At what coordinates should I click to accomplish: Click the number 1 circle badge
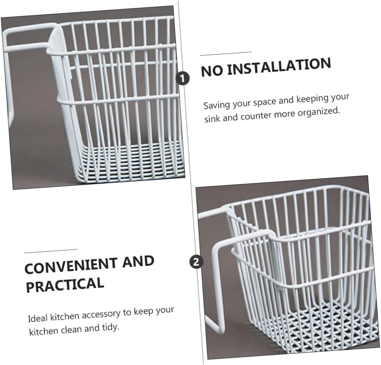pyautogui.click(x=182, y=78)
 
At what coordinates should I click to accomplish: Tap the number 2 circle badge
pyautogui.click(x=196, y=262)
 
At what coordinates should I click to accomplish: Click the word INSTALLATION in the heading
pyautogui.click(x=279, y=67)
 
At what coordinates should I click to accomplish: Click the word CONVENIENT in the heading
pyautogui.click(x=71, y=266)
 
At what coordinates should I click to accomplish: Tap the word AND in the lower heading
pyautogui.click(x=138, y=262)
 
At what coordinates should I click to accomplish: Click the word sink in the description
pyautogui.click(x=212, y=119)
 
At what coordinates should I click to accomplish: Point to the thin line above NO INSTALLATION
pyautogui.click(x=226, y=54)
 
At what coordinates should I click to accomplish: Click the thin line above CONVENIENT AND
pyautogui.click(x=51, y=251)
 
